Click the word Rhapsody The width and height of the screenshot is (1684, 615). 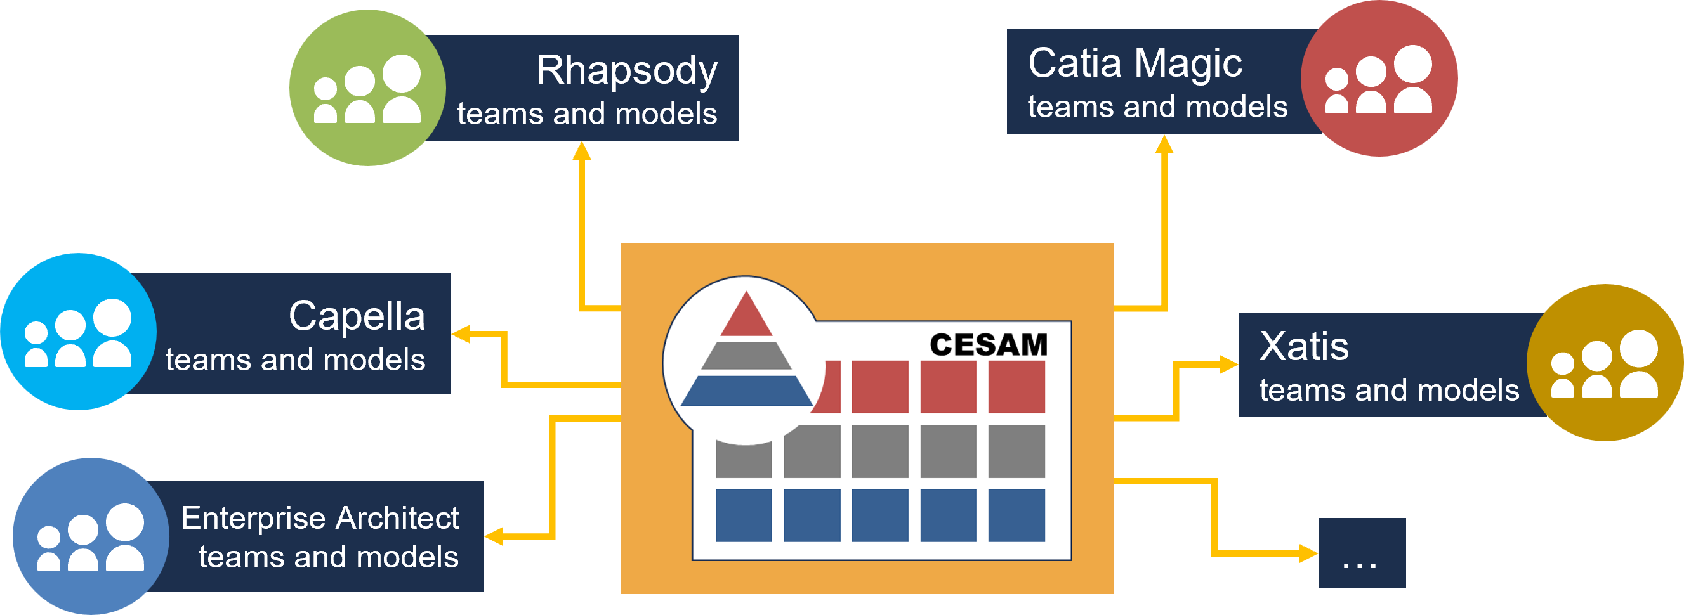pyautogui.click(x=626, y=70)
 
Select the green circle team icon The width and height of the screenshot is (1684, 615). pyautogui.click(x=367, y=87)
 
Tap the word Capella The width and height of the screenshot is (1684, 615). pyautogui.click(x=357, y=316)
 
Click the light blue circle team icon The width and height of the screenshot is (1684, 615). pyautogui.click(x=79, y=332)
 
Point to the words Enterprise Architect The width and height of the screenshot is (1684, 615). pyautogui.click(x=320, y=518)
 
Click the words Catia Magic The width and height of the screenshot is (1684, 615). pyautogui.click(x=1135, y=63)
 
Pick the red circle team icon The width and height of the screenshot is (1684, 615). pyautogui.click(x=1379, y=79)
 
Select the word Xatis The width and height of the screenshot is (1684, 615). pyautogui.click(x=1303, y=346)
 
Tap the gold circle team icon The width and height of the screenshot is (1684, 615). pyautogui.click(x=1604, y=363)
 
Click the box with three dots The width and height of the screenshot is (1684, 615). pyautogui.click(x=1362, y=553)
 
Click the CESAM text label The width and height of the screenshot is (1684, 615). pyautogui.click(x=989, y=345)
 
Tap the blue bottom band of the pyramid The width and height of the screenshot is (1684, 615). pyautogui.click(x=746, y=391)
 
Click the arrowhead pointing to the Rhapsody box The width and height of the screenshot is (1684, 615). pyautogui.click(x=582, y=151)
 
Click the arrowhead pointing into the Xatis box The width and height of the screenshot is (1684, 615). pyautogui.click(x=1228, y=365)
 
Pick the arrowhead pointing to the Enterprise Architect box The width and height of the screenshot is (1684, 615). pyautogui.click(x=494, y=536)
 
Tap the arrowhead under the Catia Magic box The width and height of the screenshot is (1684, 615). pyautogui.click(x=1164, y=145)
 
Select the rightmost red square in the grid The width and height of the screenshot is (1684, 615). pyautogui.click(x=1016, y=386)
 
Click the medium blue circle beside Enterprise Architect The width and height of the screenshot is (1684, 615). pyautogui.click(x=90, y=536)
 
